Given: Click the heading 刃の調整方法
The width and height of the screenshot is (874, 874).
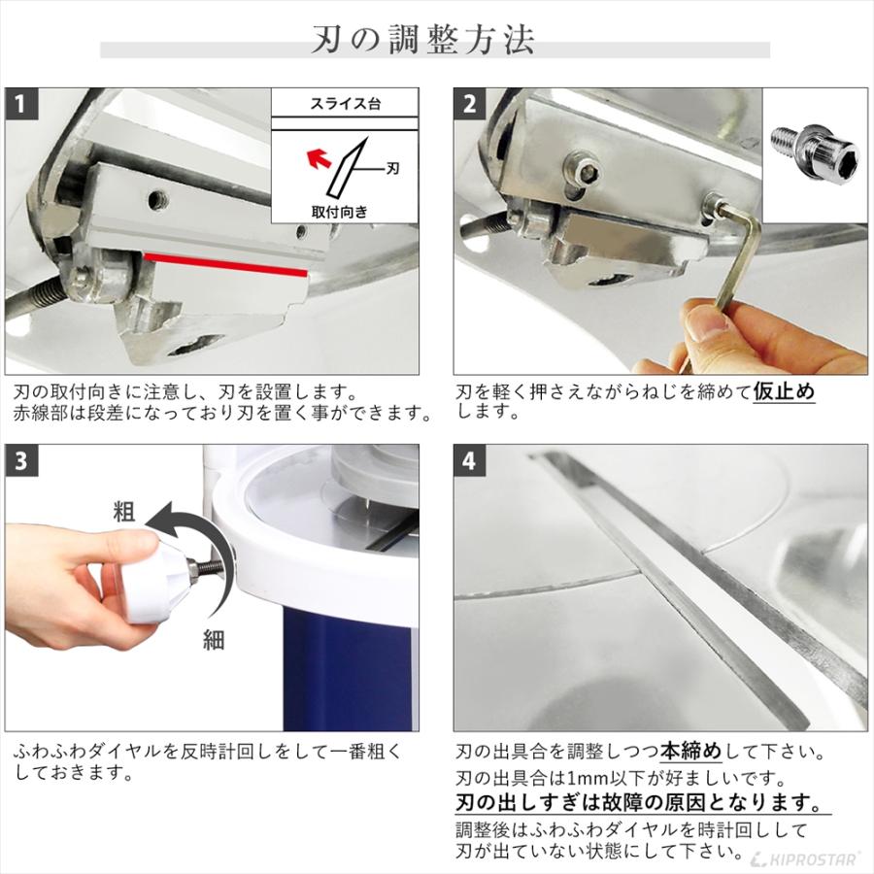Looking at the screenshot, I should [x=436, y=42].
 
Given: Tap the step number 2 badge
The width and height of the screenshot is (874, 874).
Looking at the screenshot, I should [x=469, y=103].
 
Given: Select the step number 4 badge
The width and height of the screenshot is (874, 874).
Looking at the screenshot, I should [x=469, y=461].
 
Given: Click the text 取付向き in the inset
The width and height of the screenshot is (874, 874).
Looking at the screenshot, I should [x=339, y=210].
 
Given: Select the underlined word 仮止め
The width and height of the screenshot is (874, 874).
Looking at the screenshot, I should [x=784, y=392].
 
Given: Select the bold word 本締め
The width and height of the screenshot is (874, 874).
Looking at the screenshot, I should [x=692, y=751].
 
